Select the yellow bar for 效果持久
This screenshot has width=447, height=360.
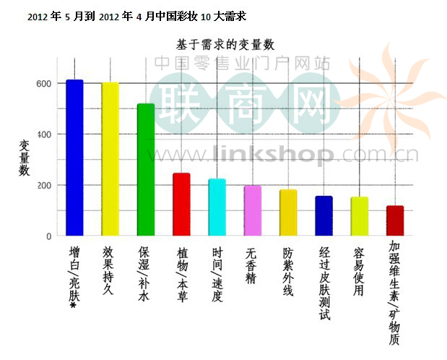(110, 159)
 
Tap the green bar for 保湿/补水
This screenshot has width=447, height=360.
(145, 170)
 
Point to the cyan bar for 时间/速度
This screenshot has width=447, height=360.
(217, 207)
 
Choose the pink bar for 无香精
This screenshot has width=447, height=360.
(252, 210)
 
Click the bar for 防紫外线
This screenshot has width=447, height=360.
(287, 213)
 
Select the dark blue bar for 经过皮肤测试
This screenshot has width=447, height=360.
(324, 216)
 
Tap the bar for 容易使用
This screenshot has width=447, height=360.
(359, 216)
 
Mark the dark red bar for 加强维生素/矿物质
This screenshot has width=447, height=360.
(394, 220)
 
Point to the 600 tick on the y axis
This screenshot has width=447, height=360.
(43, 84)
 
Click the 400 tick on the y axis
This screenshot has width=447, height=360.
(43, 134)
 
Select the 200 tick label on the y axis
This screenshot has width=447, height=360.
(43, 185)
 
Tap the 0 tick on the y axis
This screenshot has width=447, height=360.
(48, 236)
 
